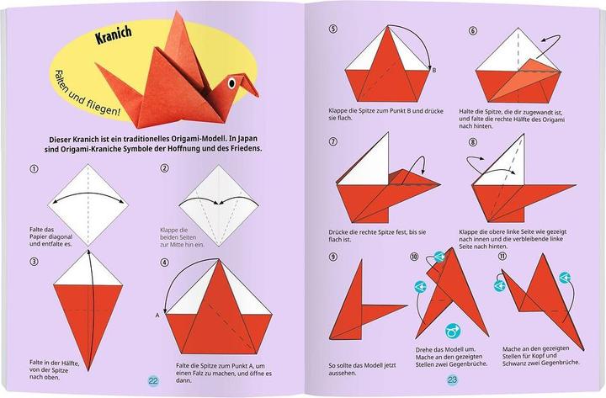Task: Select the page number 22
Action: (x=153, y=379)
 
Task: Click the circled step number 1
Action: (x=35, y=168)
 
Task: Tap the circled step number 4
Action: (x=164, y=262)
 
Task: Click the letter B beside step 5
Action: (x=433, y=70)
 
